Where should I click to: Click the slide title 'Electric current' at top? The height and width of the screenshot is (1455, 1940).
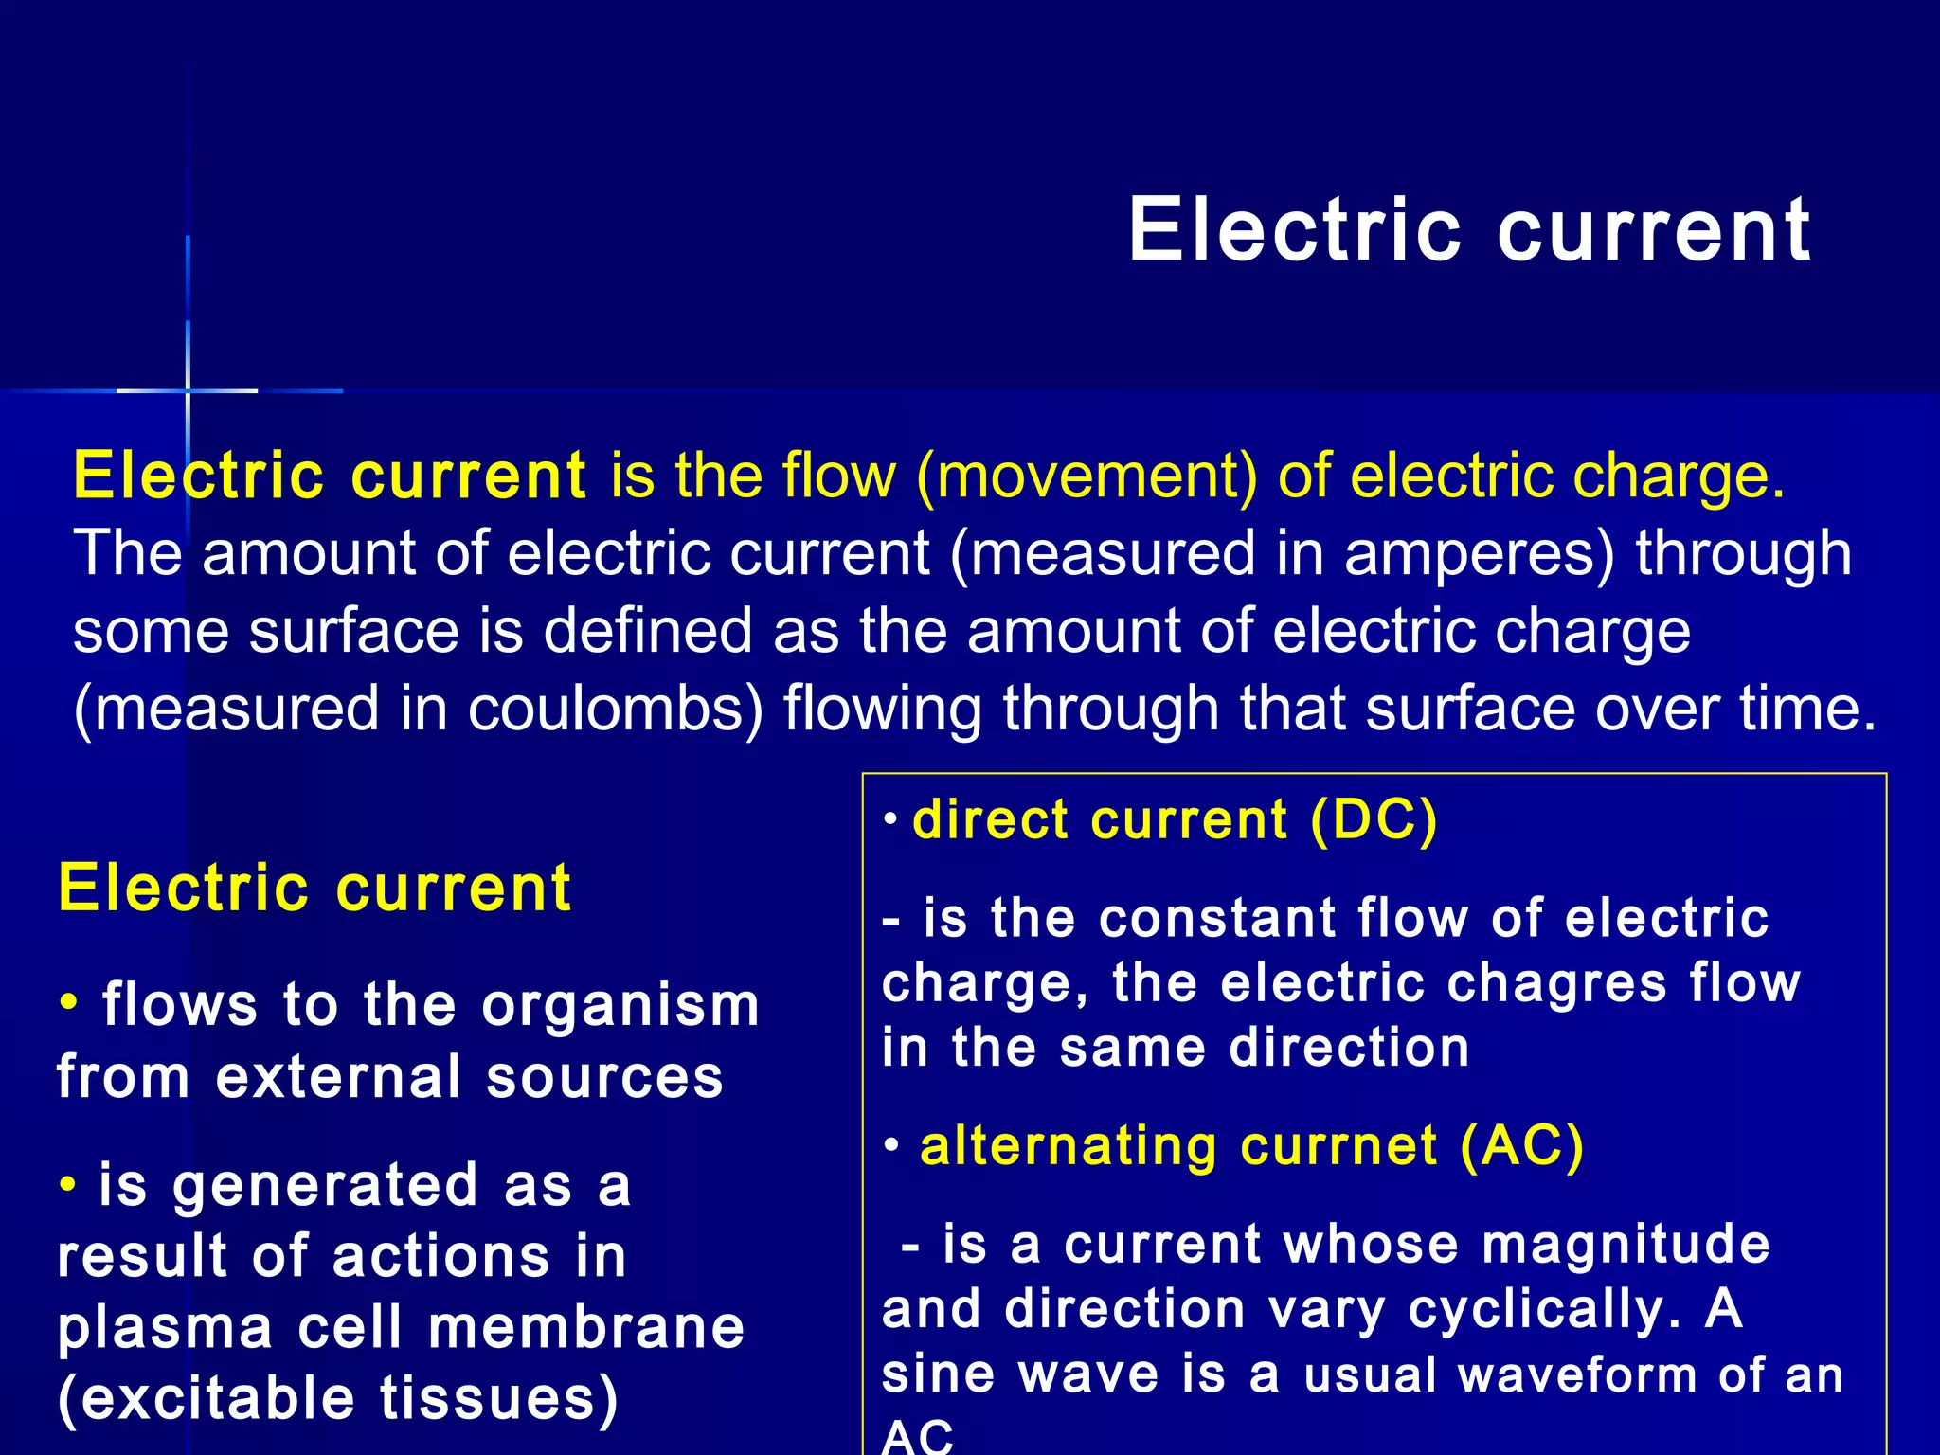click(1468, 230)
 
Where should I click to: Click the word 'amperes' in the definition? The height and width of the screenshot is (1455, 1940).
click(1479, 553)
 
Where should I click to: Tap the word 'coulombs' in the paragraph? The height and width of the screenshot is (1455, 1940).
click(616, 709)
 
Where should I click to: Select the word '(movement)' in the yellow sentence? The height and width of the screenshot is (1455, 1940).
click(1087, 476)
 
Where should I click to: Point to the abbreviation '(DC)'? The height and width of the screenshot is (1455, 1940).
click(1374, 820)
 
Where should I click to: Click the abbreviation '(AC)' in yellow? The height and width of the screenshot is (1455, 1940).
click(1521, 1146)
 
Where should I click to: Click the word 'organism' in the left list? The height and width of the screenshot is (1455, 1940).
click(620, 1006)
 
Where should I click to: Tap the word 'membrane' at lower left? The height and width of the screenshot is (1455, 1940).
click(586, 1327)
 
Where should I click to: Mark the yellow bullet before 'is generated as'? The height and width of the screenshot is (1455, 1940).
click(67, 1184)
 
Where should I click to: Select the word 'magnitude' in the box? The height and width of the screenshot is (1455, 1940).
click(1626, 1244)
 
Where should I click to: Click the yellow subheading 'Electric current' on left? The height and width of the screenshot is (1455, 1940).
click(314, 889)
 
